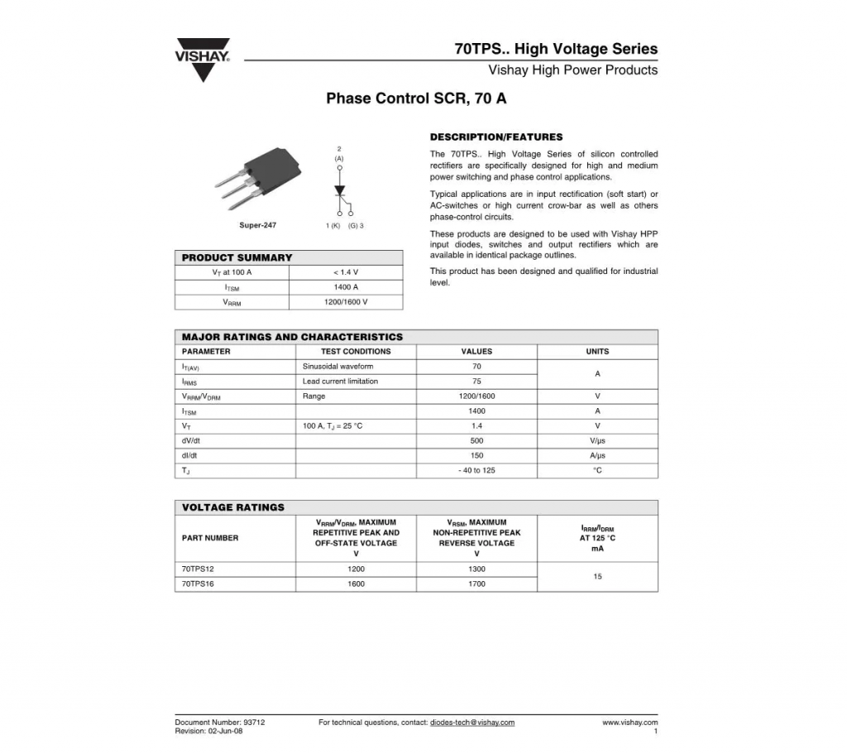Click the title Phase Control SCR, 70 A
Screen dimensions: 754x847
pyautogui.click(x=416, y=98)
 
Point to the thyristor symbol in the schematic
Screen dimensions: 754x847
pyautogui.click(x=339, y=190)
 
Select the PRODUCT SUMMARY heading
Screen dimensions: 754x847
pyautogui.click(x=237, y=257)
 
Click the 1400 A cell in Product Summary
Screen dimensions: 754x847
pyautogui.click(x=346, y=287)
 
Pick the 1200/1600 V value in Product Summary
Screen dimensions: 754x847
pyautogui.click(x=346, y=302)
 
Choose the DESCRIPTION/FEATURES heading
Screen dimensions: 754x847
pyautogui.click(x=496, y=137)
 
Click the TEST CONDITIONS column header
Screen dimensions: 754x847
pyautogui.click(x=356, y=352)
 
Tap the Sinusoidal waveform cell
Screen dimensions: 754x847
pyautogui.click(x=337, y=367)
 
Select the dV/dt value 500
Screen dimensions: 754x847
pyautogui.click(x=476, y=441)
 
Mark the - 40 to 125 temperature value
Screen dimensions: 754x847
pyautogui.click(x=476, y=471)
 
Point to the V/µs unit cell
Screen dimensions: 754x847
pyautogui.click(x=597, y=441)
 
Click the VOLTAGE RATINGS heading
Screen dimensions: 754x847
pyautogui.click(x=233, y=507)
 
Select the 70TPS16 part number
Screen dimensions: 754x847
pyautogui.click(x=198, y=584)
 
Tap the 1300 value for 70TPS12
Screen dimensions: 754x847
pyautogui.click(x=476, y=569)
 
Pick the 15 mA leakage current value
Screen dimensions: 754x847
pyautogui.click(x=597, y=577)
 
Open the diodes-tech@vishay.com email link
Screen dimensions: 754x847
pyautogui.click(x=472, y=723)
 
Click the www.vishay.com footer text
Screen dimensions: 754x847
pyautogui.click(x=629, y=723)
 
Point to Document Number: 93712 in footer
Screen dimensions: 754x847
pyautogui.click(x=220, y=723)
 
